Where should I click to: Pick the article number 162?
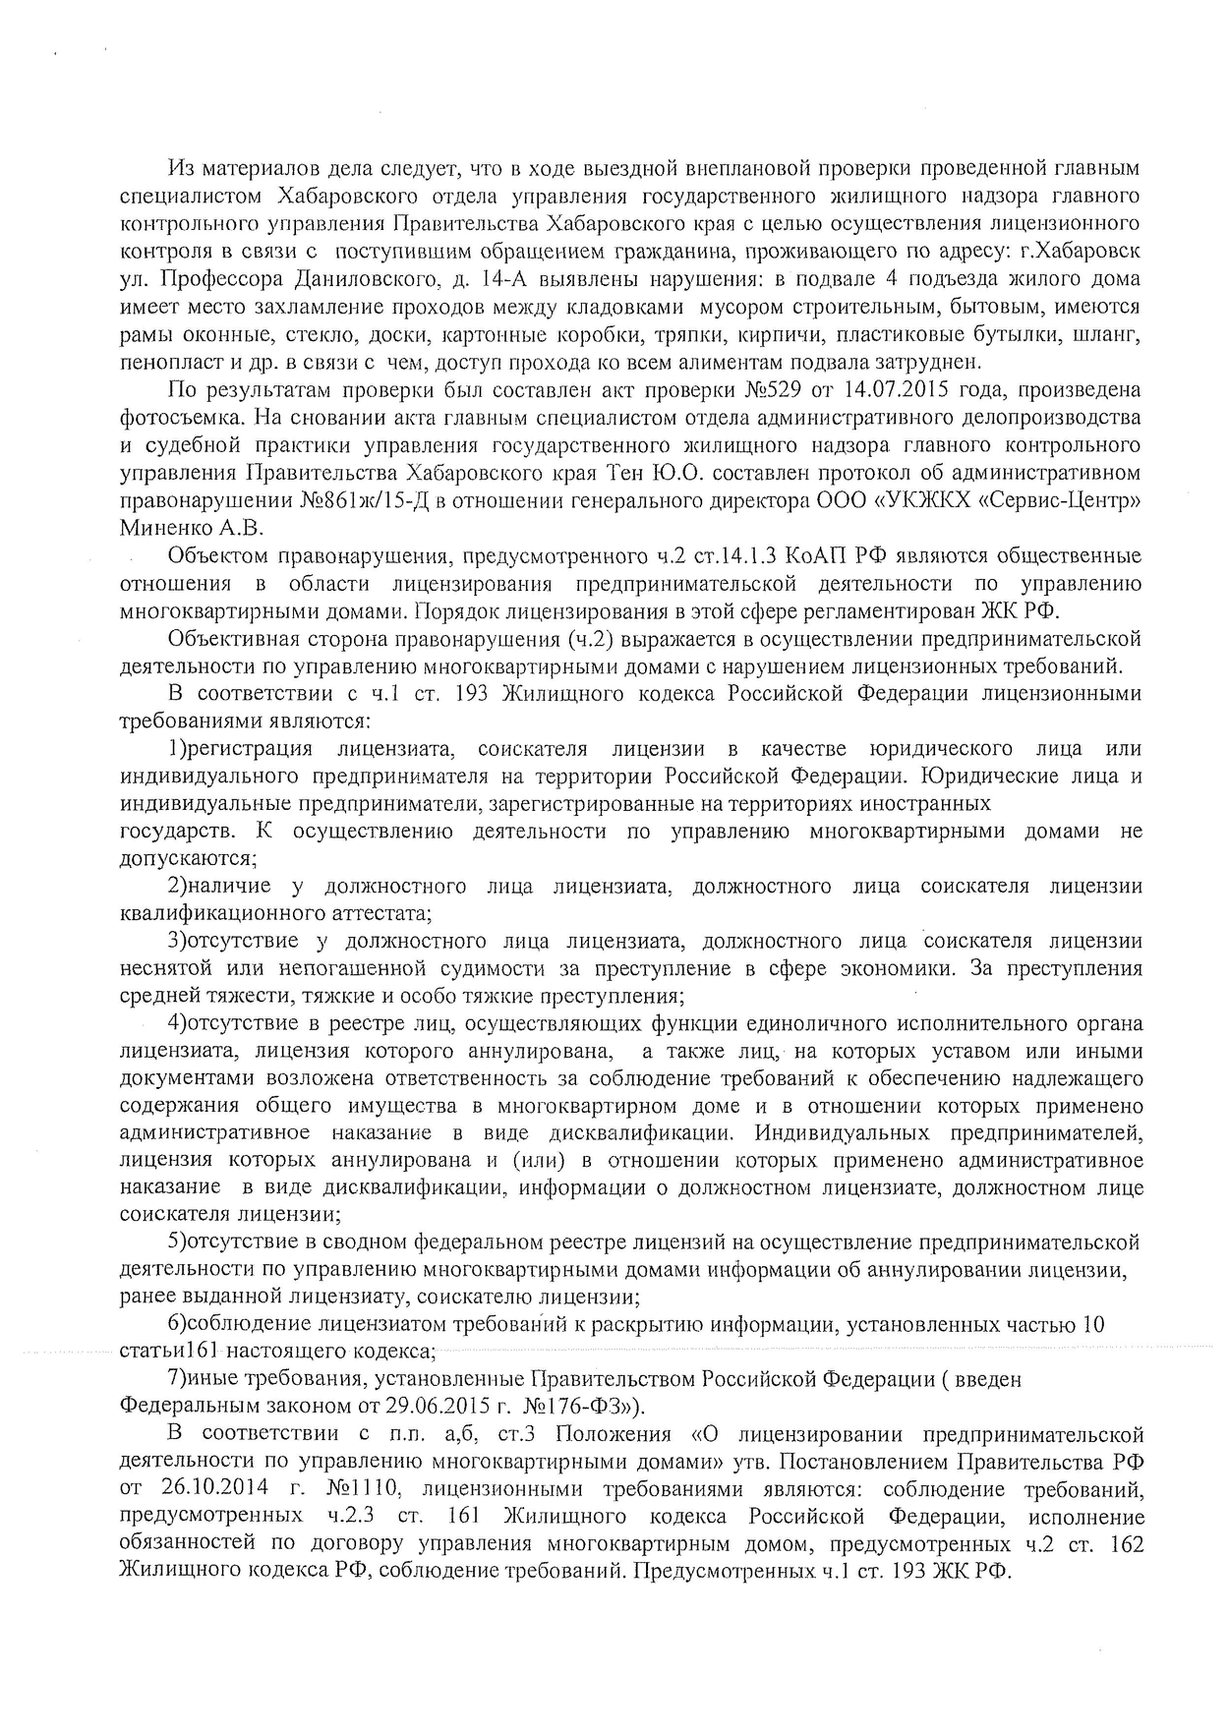pos(1124,1543)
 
